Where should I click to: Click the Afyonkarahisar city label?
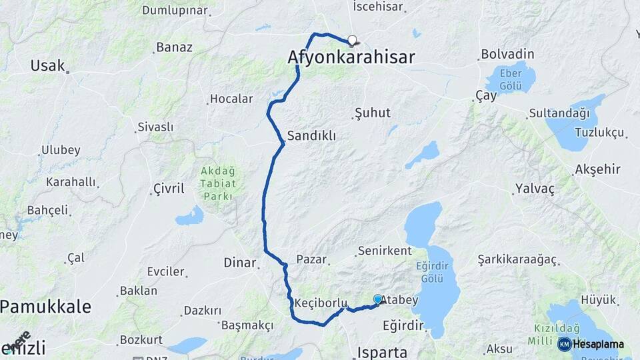pos(351,57)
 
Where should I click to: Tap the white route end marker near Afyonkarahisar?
pos(352,39)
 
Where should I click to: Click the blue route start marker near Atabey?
pos(378,299)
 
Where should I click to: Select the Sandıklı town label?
pos(311,136)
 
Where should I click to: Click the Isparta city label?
pos(382,352)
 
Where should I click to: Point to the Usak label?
pos(47,65)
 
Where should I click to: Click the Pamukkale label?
pos(45,307)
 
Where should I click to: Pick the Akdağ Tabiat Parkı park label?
pos(217,183)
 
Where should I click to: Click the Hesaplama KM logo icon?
pos(565,344)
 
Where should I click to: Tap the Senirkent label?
pos(384,251)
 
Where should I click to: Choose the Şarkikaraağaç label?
pos(517,259)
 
